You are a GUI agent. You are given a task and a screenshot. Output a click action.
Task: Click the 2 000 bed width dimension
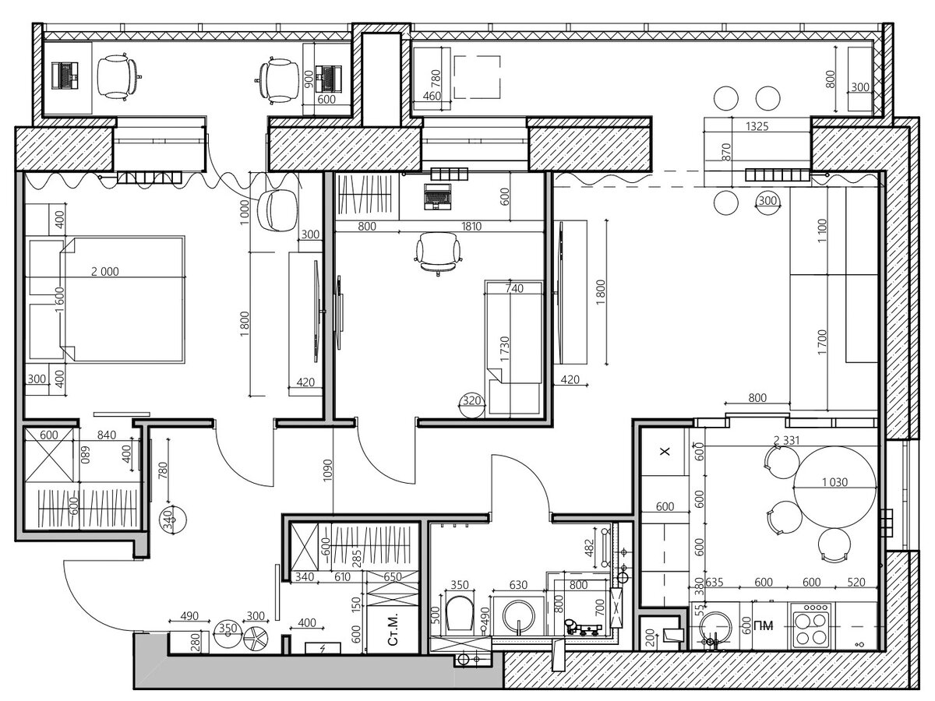click(x=104, y=271)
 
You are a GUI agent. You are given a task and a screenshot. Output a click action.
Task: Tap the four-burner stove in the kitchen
click(x=811, y=625)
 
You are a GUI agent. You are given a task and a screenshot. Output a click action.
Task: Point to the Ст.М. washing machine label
click(x=393, y=629)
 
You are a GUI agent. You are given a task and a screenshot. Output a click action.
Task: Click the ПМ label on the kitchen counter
click(x=764, y=625)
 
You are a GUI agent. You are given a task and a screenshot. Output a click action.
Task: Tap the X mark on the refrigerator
click(x=665, y=452)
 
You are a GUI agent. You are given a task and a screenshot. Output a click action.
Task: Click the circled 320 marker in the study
click(x=471, y=400)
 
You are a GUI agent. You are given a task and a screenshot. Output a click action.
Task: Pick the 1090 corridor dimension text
click(x=327, y=470)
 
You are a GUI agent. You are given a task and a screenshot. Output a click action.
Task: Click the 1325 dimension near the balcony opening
click(x=757, y=126)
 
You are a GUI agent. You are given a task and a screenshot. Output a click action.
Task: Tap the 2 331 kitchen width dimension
click(x=786, y=440)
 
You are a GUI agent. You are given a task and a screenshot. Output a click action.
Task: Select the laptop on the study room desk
click(x=437, y=196)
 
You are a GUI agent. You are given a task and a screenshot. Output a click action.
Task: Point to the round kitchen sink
click(x=715, y=629)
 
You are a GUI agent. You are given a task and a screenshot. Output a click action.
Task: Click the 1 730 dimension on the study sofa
click(x=505, y=348)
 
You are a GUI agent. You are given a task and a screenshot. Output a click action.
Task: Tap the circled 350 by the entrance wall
click(x=228, y=629)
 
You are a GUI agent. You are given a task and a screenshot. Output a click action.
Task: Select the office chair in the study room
click(x=438, y=253)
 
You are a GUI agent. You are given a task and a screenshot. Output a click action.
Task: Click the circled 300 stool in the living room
click(x=767, y=200)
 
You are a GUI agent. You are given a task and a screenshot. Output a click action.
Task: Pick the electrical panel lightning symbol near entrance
click(x=323, y=648)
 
